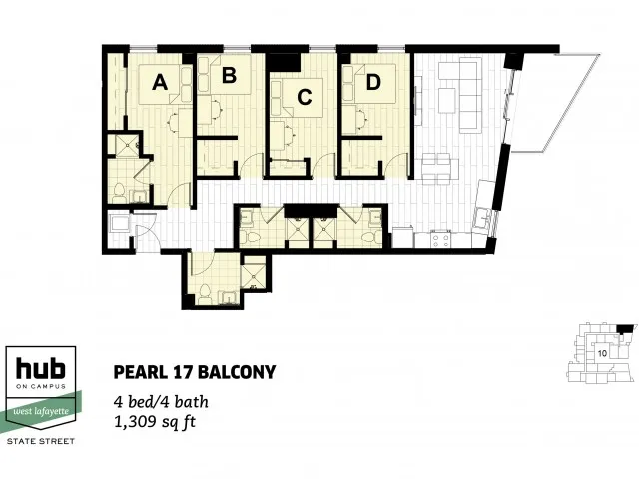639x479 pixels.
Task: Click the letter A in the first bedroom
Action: point(158,85)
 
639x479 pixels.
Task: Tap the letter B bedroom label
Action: point(229,75)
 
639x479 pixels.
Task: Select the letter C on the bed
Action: point(305,97)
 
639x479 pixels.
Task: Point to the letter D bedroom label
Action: point(372,83)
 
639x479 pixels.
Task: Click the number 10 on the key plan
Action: point(603,353)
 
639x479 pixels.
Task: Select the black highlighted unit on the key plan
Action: point(625,328)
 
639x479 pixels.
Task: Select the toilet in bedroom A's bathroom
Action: point(117,189)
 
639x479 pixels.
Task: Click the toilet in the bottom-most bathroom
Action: point(203,293)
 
